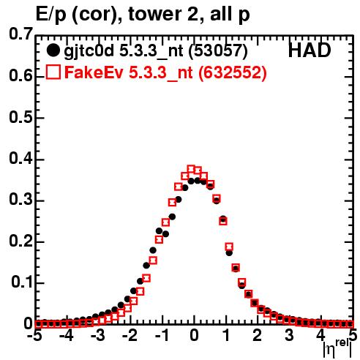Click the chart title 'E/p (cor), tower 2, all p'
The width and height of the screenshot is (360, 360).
143,15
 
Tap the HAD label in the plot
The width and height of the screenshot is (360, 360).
310,50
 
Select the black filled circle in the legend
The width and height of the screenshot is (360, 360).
53,50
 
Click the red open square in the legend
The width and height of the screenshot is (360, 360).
53,72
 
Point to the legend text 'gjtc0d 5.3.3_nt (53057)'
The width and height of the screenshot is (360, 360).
156,51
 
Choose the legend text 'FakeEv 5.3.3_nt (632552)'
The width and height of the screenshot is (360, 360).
165,72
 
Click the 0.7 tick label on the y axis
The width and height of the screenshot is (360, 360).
20,34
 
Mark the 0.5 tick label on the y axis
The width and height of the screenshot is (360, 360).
20,117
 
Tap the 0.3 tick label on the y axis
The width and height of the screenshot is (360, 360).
20,199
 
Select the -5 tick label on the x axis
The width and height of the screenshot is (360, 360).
36,335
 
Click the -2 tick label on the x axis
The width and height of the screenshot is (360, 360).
130,335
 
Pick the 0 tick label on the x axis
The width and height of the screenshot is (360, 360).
194,335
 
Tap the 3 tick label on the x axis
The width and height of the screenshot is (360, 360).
289,335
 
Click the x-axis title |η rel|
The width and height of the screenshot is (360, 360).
337,348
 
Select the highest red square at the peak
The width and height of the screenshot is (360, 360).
191,169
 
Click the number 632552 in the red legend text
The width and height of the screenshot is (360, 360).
232,72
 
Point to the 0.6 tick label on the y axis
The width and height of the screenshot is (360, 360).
20,76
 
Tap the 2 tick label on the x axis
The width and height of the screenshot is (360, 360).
257,335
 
